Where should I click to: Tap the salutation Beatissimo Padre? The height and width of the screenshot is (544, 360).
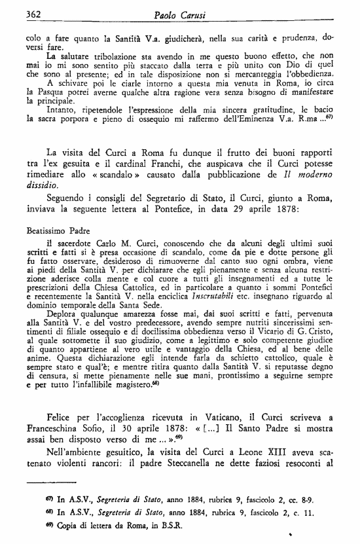[x=58, y=230]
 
